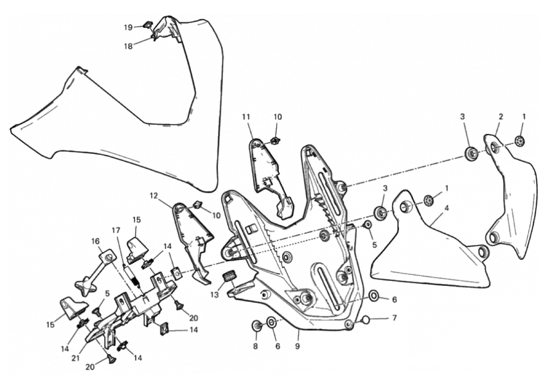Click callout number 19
point(128,27)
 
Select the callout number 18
point(128,46)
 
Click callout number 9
point(297,346)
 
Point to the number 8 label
point(256,346)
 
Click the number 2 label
point(501,116)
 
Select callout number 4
point(446,208)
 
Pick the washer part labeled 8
point(256,326)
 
